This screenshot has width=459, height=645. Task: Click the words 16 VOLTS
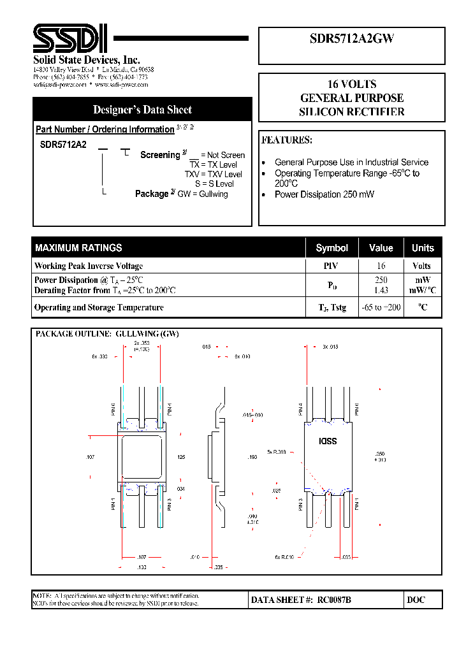351,84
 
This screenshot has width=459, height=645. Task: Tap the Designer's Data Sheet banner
142,109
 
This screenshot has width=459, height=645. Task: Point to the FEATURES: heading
287,140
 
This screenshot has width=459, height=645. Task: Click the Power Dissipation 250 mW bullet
324,194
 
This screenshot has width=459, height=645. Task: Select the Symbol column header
331,248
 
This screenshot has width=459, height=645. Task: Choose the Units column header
422,248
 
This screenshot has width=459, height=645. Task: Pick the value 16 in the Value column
381,266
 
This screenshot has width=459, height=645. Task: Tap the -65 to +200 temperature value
381,307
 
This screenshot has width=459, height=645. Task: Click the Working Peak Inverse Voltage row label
89,266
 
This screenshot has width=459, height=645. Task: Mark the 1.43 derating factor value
381,290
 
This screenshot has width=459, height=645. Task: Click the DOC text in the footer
416,600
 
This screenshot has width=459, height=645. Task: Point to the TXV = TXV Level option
214,174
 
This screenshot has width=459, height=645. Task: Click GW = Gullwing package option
202,194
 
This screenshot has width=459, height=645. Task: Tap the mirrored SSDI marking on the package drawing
328,441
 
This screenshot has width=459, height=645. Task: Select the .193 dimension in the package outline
252,458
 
